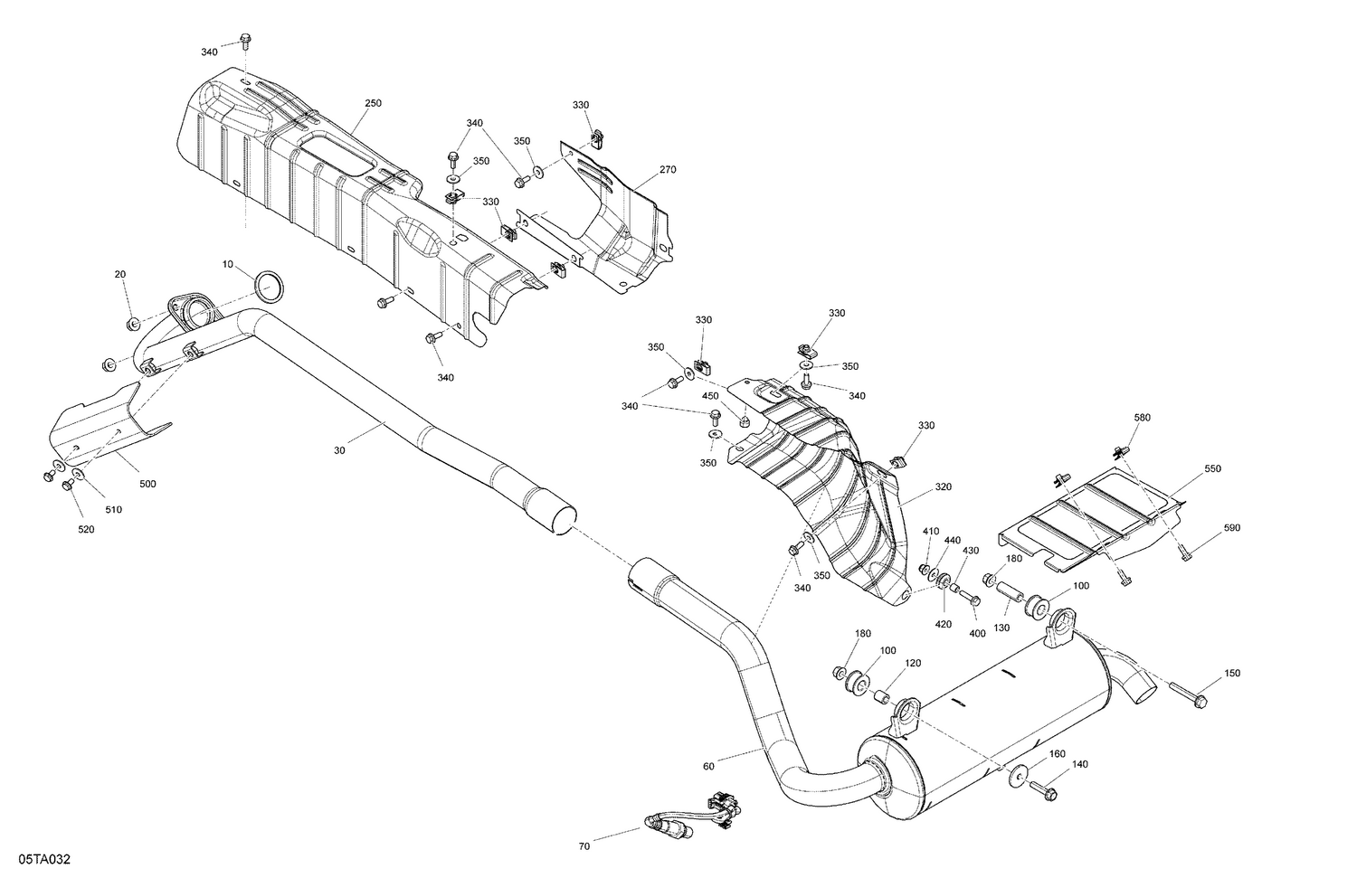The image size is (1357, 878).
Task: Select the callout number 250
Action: pos(373,104)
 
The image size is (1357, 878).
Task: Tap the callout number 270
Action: pos(668,170)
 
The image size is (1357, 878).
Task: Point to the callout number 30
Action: pos(339,450)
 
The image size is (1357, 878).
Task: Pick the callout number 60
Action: pos(707,767)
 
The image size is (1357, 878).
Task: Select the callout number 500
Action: pos(147,484)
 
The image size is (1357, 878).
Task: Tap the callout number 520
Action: pos(85,529)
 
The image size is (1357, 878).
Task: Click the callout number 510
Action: pos(113,510)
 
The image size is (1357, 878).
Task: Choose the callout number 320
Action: pos(943,486)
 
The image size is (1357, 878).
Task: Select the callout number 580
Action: pos(1142,418)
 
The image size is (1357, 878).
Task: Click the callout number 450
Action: pos(710,395)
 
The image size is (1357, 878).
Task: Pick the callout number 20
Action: pos(120,274)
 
